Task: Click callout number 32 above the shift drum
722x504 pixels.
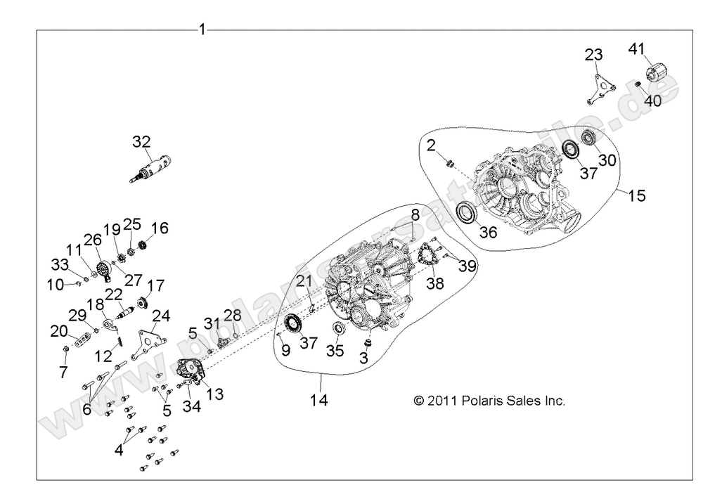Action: click(141, 141)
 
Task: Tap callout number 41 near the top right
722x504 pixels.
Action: click(636, 49)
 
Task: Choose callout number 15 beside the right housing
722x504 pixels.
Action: click(636, 196)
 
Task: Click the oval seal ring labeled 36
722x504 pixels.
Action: click(468, 212)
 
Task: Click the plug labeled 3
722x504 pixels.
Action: click(366, 342)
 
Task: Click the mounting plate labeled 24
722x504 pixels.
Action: click(150, 342)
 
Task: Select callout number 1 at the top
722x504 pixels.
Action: click(202, 30)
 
